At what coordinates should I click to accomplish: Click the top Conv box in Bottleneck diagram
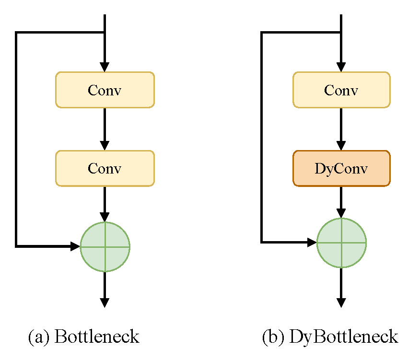click(x=105, y=90)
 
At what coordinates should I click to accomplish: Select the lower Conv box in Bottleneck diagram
click(x=105, y=168)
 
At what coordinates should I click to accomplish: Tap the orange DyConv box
click(x=341, y=168)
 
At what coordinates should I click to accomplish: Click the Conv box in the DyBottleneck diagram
click(x=341, y=90)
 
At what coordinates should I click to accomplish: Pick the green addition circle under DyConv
click(x=341, y=243)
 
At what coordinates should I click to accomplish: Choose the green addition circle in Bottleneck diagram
click(x=105, y=247)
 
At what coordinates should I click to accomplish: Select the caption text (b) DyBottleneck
click(x=330, y=337)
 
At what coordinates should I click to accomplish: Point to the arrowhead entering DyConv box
click(x=341, y=146)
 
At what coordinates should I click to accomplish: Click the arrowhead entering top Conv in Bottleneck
click(x=105, y=67)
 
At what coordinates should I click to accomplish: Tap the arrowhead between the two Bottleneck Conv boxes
click(x=105, y=146)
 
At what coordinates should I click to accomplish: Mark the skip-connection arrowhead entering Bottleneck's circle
click(x=75, y=246)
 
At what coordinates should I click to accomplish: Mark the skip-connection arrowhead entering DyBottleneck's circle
click(x=313, y=243)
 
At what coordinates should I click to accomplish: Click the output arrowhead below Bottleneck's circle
click(x=105, y=302)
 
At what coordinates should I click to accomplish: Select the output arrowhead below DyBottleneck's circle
click(x=341, y=302)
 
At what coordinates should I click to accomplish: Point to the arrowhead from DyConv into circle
click(x=341, y=213)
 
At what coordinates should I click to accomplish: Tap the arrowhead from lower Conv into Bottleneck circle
click(x=105, y=217)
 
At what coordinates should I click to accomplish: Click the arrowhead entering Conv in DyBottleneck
click(x=341, y=67)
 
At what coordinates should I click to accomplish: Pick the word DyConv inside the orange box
click(x=341, y=169)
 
